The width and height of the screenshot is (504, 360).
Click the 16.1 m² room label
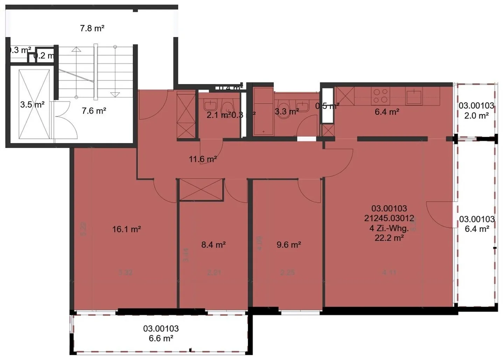coord(126,229)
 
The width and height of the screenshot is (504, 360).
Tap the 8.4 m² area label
coord(213,245)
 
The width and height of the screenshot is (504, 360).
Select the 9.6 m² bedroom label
coord(289,245)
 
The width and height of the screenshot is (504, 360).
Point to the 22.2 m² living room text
coord(389,238)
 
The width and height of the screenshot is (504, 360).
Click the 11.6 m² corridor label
coord(203,159)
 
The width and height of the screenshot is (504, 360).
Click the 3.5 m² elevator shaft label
coord(32,104)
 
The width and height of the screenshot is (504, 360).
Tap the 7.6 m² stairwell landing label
coord(94,111)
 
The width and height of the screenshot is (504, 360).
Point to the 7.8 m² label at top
coord(92,28)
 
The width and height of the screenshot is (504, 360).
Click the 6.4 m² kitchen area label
coord(387,112)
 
